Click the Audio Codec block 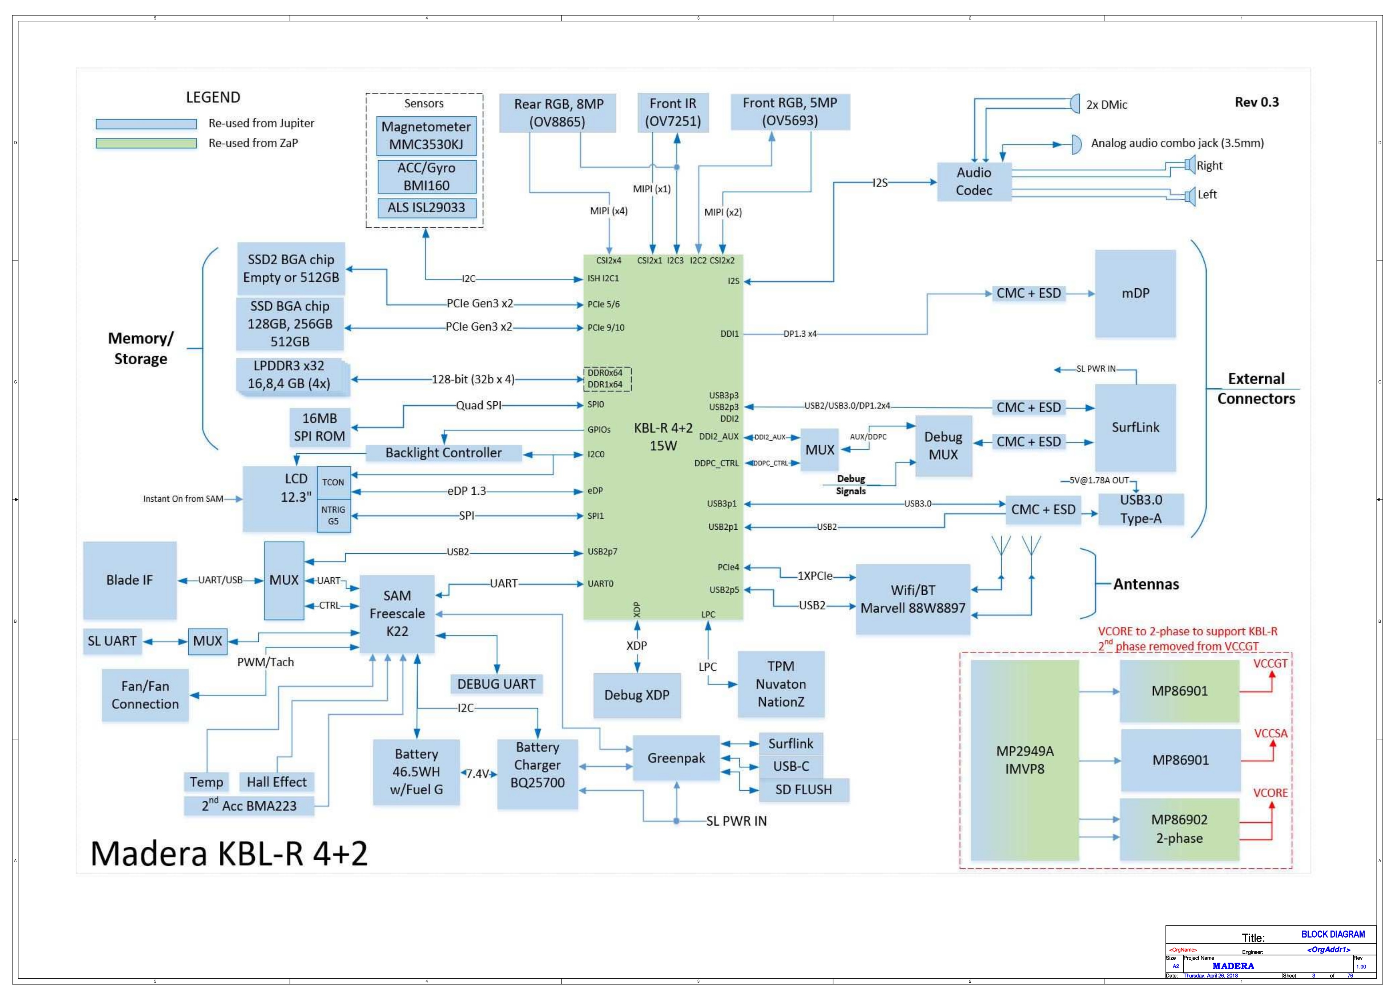point(974,181)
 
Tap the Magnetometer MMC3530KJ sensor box point(426,135)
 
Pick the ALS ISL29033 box point(426,208)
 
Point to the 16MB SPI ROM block point(319,427)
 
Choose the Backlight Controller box point(443,453)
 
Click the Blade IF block point(130,579)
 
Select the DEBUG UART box point(496,684)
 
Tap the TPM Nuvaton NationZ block point(781,684)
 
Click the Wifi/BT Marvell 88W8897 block point(912,599)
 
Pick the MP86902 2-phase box point(1179,829)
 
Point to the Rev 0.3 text point(1256,102)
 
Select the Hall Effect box point(276,782)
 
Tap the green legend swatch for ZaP point(146,143)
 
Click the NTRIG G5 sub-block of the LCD point(333,515)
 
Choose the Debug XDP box point(637,695)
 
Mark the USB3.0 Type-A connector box point(1141,509)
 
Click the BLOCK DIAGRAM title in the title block point(1332,934)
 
